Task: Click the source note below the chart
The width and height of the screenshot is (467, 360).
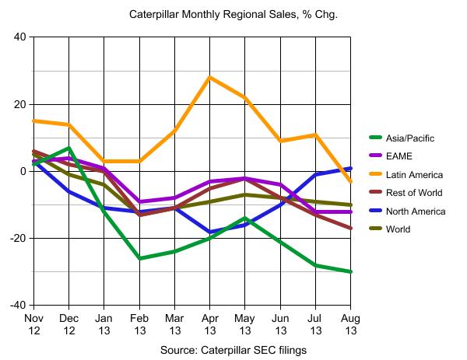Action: (232, 350)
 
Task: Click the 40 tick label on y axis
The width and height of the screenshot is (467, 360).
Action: (19, 37)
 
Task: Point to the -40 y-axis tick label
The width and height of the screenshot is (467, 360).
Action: (17, 305)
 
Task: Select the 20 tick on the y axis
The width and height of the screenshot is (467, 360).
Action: (19, 104)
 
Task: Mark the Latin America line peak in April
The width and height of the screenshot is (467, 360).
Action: (209, 77)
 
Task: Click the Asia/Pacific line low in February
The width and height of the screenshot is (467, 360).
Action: (139, 258)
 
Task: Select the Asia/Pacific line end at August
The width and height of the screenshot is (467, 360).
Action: (350, 271)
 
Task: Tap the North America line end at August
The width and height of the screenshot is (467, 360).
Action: (350, 168)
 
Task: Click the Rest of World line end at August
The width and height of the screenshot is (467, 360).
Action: (350, 228)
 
